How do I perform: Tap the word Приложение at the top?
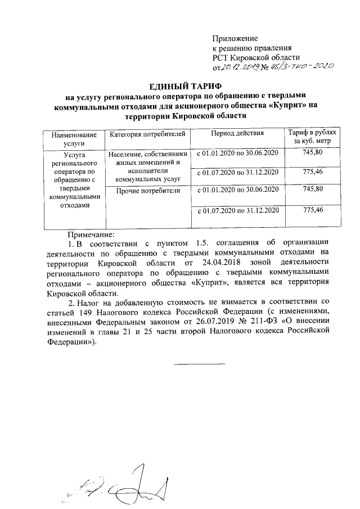coord(235,38)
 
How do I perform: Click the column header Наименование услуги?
coord(74,139)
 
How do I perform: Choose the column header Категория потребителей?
coord(147,135)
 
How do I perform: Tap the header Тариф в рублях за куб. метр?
coord(312,139)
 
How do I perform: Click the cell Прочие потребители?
coord(147,191)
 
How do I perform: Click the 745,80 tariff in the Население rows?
coord(312,153)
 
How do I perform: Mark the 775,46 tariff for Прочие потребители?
coord(312,210)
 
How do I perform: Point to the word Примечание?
coord(91,233)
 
